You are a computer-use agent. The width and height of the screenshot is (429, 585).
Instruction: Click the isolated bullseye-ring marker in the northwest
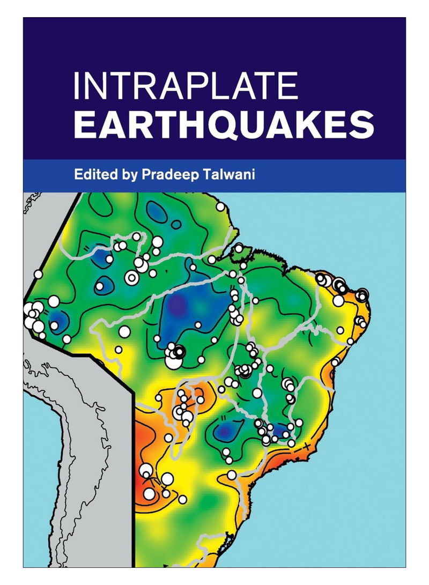tap(130, 277)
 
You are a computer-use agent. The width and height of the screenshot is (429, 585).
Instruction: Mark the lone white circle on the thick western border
tap(38, 274)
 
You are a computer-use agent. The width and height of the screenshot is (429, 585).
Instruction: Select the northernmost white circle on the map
tap(220, 206)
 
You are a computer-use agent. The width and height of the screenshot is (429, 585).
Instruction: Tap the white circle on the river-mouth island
tap(238, 248)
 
